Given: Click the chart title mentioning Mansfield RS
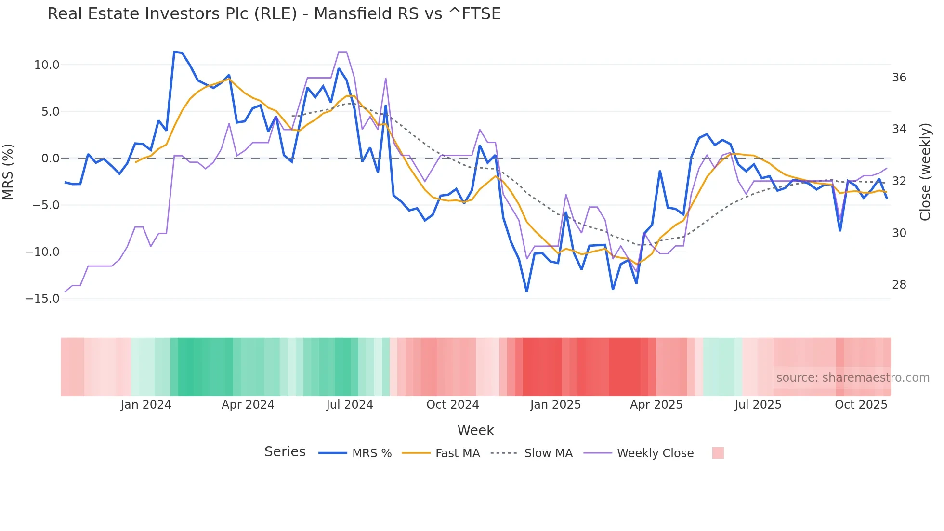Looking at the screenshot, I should coord(274,14).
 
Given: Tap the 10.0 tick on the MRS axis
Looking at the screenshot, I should coord(47,65).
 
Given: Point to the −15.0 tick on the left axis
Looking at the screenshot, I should coord(42,299).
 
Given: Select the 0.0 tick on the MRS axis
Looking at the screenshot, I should coord(50,159).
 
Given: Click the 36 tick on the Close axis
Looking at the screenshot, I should coord(899,78).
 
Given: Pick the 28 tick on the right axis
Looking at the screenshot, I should coord(899,285).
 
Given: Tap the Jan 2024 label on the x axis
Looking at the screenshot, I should coord(145,405).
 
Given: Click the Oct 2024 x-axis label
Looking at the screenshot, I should coord(452,405).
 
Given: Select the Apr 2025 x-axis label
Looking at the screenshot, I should coord(656,405).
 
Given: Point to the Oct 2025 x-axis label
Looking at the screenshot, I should coord(861,405).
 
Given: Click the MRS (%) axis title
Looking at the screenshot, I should coord(8,172).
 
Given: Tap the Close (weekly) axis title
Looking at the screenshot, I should coord(925,172).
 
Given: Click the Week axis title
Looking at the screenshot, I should coord(475,430).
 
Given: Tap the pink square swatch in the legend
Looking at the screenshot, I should coord(718,453).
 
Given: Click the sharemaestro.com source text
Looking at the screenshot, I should coord(852,378).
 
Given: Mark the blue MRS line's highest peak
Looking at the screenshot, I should coord(174,52).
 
